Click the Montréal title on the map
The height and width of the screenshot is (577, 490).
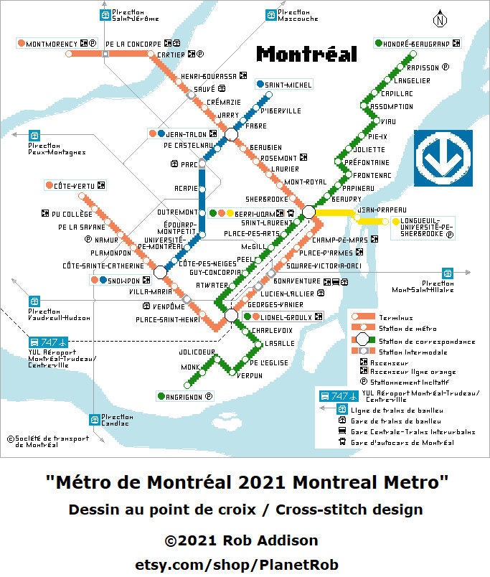306,54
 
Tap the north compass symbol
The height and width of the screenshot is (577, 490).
439,20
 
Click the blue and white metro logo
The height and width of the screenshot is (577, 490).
443,158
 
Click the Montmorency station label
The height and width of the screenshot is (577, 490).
50,44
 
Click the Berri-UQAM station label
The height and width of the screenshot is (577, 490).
255,213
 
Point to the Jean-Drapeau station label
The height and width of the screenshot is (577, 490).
377,209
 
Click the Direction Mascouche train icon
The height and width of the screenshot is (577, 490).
270,15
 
